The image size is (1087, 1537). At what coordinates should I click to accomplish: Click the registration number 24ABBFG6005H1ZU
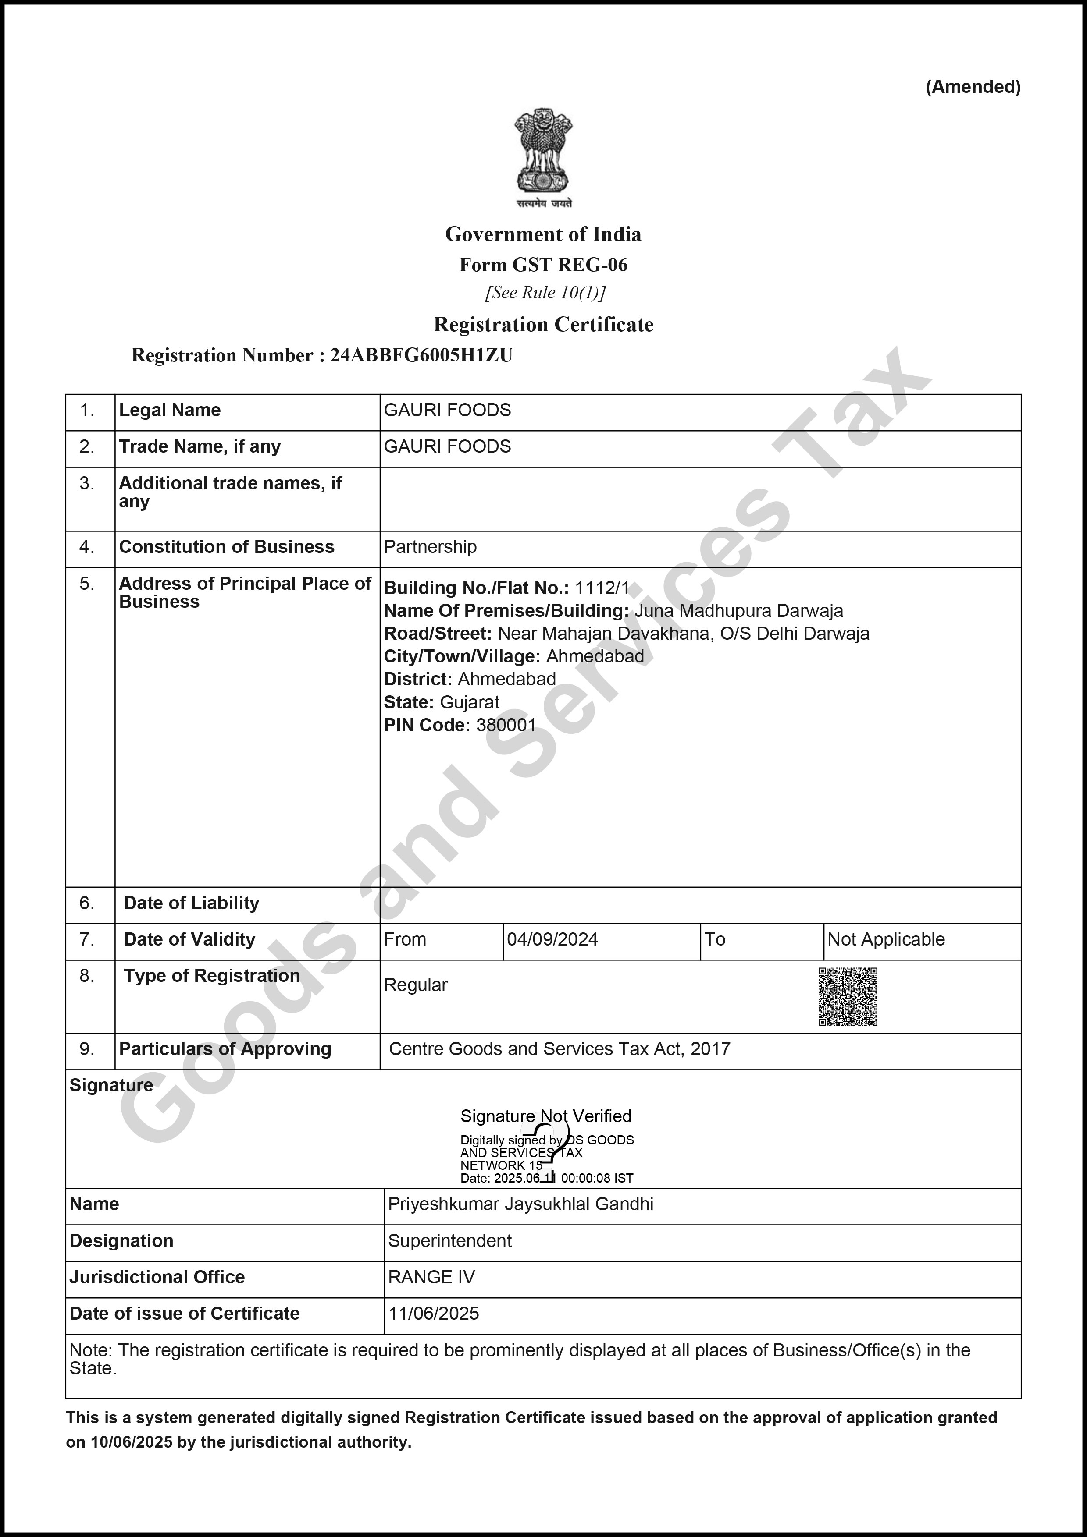click(x=421, y=355)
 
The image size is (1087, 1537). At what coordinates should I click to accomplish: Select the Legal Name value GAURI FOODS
click(x=447, y=411)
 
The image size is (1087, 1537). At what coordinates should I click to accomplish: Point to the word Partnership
click(x=430, y=547)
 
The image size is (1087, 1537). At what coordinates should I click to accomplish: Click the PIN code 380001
click(x=506, y=725)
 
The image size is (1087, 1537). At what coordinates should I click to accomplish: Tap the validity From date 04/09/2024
click(x=552, y=940)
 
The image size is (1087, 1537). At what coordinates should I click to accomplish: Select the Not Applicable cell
click(x=885, y=940)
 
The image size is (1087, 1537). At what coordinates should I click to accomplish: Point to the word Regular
click(x=415, y=985)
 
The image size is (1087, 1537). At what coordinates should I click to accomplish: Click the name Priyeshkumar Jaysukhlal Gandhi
click(x=520, y=1204)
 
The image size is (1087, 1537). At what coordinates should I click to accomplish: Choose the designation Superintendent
click(x=449, y=1241)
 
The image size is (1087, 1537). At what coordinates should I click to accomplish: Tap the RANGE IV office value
click(x=431, y=1277)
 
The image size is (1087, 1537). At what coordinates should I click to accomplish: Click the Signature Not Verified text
click(x=545, y=1116)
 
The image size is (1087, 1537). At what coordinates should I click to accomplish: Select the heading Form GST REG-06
click(x=543, y=265)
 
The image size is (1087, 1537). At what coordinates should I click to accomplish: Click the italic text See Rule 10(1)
click(x=545, y=293)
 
